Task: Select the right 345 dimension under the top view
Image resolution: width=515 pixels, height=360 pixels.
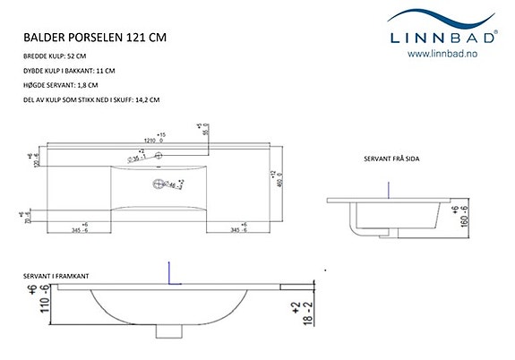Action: click(x=238, y=231)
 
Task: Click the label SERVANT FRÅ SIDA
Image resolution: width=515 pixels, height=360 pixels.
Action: click(x=392, y=159)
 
